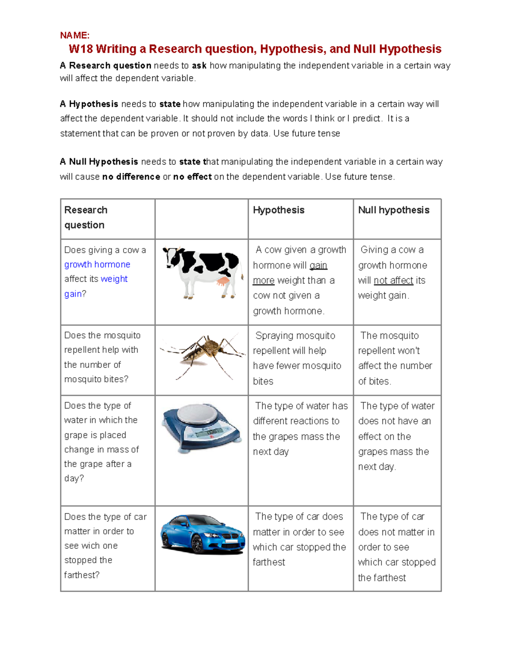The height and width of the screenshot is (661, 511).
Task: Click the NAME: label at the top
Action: click(75, 35)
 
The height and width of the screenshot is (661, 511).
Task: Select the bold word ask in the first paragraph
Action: click(199, 66)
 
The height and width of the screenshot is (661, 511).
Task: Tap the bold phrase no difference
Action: click(131, 177)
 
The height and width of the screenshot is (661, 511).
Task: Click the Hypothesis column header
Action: click(278, 210)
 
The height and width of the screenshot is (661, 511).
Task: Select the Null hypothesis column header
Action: click(393, 210)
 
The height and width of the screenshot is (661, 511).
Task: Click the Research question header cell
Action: click(86, 217)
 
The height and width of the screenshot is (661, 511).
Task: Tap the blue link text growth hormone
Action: click(97, 264)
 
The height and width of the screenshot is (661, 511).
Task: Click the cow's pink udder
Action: click(222, 281)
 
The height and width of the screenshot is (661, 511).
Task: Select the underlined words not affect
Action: click(393, 280)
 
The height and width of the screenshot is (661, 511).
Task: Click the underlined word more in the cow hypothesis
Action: click(264, 280)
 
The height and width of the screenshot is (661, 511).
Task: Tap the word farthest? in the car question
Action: click(82, 575)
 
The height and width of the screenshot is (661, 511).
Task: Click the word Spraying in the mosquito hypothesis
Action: click(274, 336)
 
